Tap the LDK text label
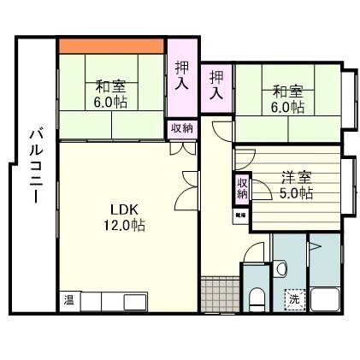118,210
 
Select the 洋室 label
295,178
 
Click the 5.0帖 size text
297,193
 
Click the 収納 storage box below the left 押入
181,128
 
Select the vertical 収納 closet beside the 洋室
242,188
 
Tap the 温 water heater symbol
68,301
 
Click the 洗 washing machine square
293,300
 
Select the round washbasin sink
280,269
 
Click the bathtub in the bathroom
327,302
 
